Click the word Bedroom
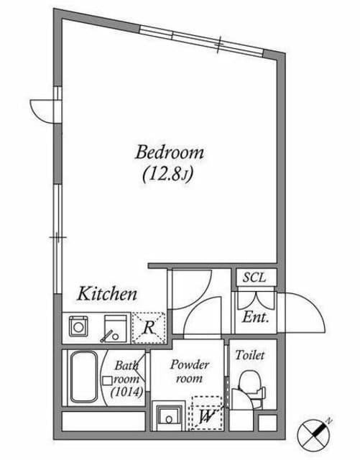[x=170, y=152]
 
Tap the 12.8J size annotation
[x=168, y=175]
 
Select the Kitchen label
[x=107, y=293]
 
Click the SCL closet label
[x=254, y=277]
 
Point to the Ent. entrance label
[x=256, y=317]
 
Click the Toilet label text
[x=250, y=355]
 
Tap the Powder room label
[x=190, y=372]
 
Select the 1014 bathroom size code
[x=126, y=392]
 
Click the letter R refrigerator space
[x=149, y=328]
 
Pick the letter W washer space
[x=207, y=415]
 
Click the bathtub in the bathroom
[x=84, y=377]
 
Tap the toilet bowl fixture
[x=249, y=389]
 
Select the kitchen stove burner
[x=78, y=326]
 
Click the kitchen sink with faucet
[x=116, y=328]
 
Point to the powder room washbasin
[x=168, y=418]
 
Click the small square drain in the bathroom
[x=107, y=380]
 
